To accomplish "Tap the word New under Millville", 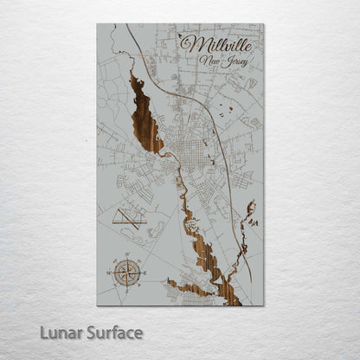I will coord(209,61).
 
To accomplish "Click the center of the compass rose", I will coord(126,272).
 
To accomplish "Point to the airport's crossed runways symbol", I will coord(129,217).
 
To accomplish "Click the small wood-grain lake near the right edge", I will coord(250,211).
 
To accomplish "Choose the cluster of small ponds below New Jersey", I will coord(227,109).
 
